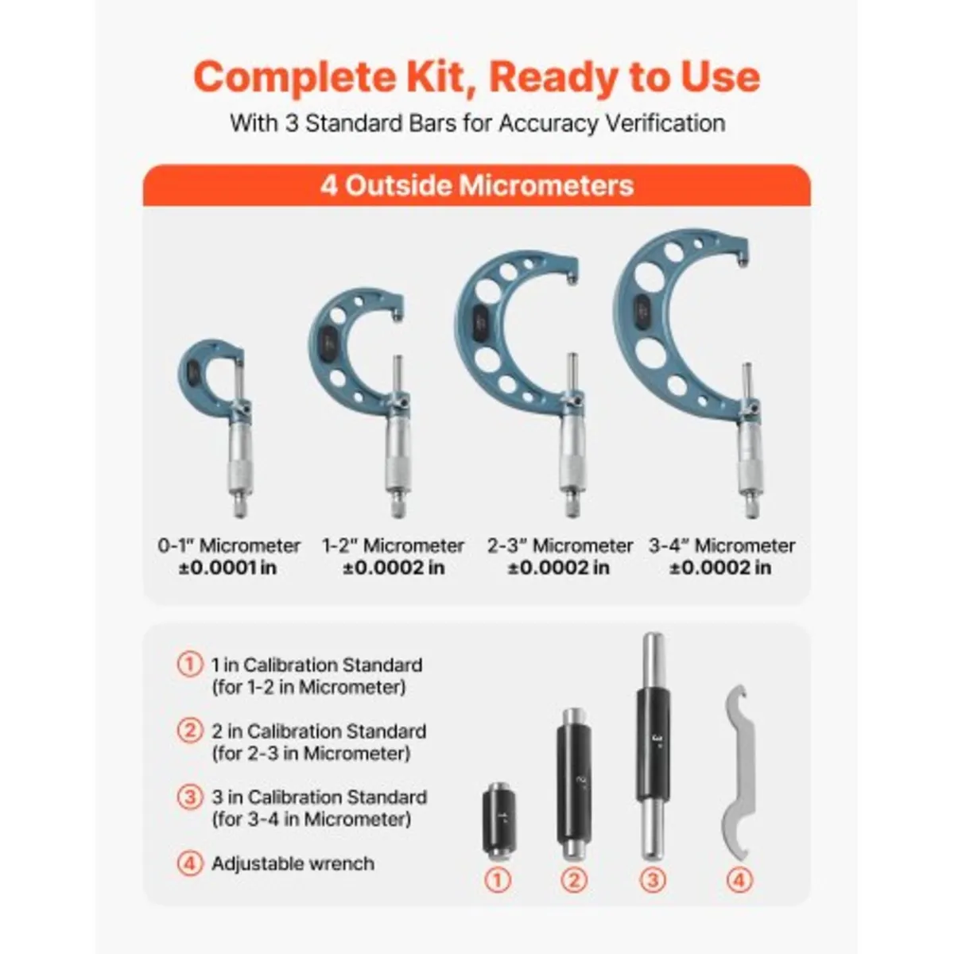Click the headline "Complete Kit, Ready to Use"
[476, 77]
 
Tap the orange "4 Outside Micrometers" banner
[476, 185]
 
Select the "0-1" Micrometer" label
[229, 545]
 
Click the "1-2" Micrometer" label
[393, 545]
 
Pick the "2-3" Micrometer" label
[560, 545]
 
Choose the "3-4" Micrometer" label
[721, 545]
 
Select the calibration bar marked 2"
[574, 783]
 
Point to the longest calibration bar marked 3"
[653, 743]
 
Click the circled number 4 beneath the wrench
[739, 880]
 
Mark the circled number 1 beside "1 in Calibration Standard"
[189, 664]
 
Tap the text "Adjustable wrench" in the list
[293, 863]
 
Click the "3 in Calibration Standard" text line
[319, 797]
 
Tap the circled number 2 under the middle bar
[574, 880]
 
